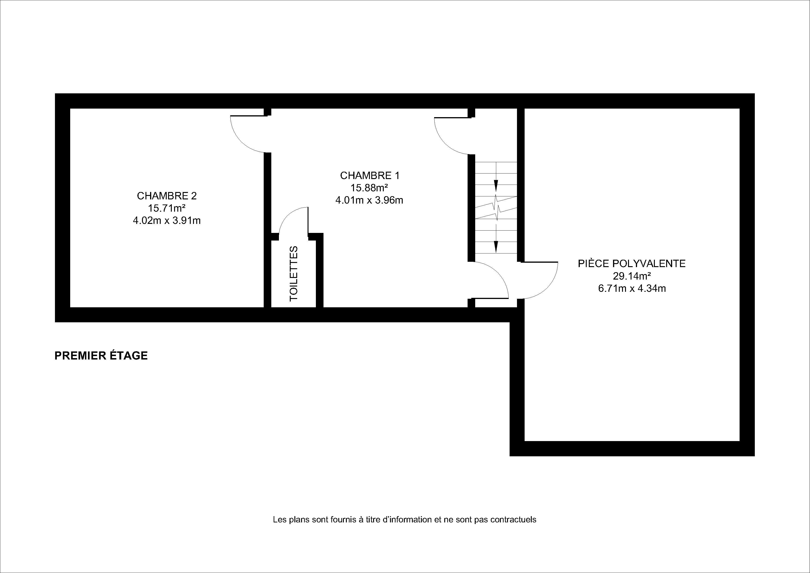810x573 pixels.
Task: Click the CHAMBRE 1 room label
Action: click(x=369, y=175)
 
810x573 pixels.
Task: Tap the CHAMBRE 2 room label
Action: click(x=167, y=196)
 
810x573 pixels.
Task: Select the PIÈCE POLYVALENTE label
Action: click(x=632, y=263)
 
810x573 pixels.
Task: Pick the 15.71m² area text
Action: click(x=167, y=208)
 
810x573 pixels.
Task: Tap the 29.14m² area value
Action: click(x=632, y=276)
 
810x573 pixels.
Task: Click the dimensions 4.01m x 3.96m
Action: click(x=369, y=200)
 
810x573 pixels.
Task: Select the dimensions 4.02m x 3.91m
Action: click(x=167, y=221)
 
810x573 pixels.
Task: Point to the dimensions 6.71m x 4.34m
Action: click(x=632, y=288)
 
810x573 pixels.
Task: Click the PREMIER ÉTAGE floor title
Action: click(x=101, y=356)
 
